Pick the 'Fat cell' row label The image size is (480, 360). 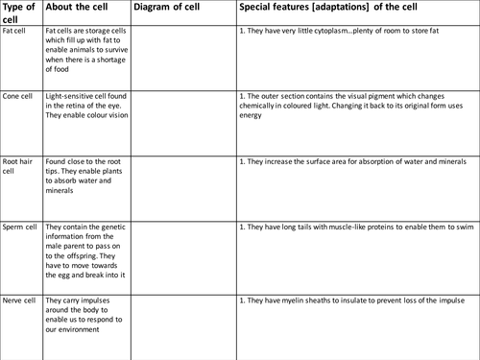pyautogui.click(x=14, y=31)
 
